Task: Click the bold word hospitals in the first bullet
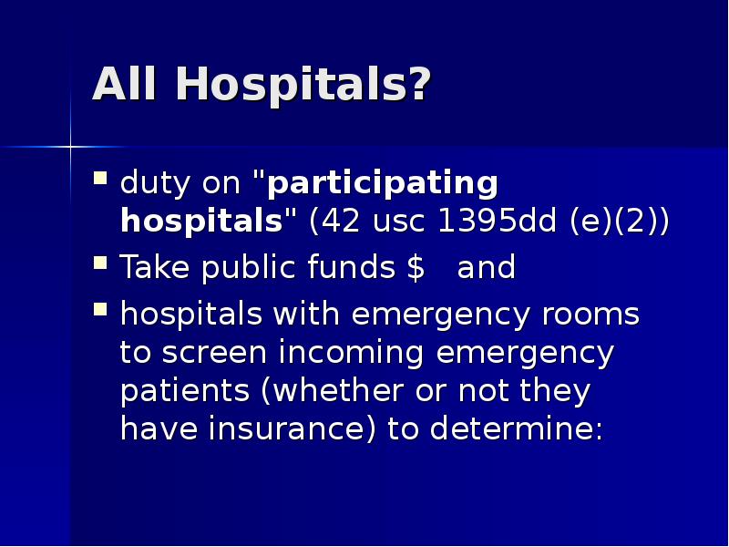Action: click(200, 222)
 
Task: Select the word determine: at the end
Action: click(516, 428)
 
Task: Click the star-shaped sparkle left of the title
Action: click(70, 146)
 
